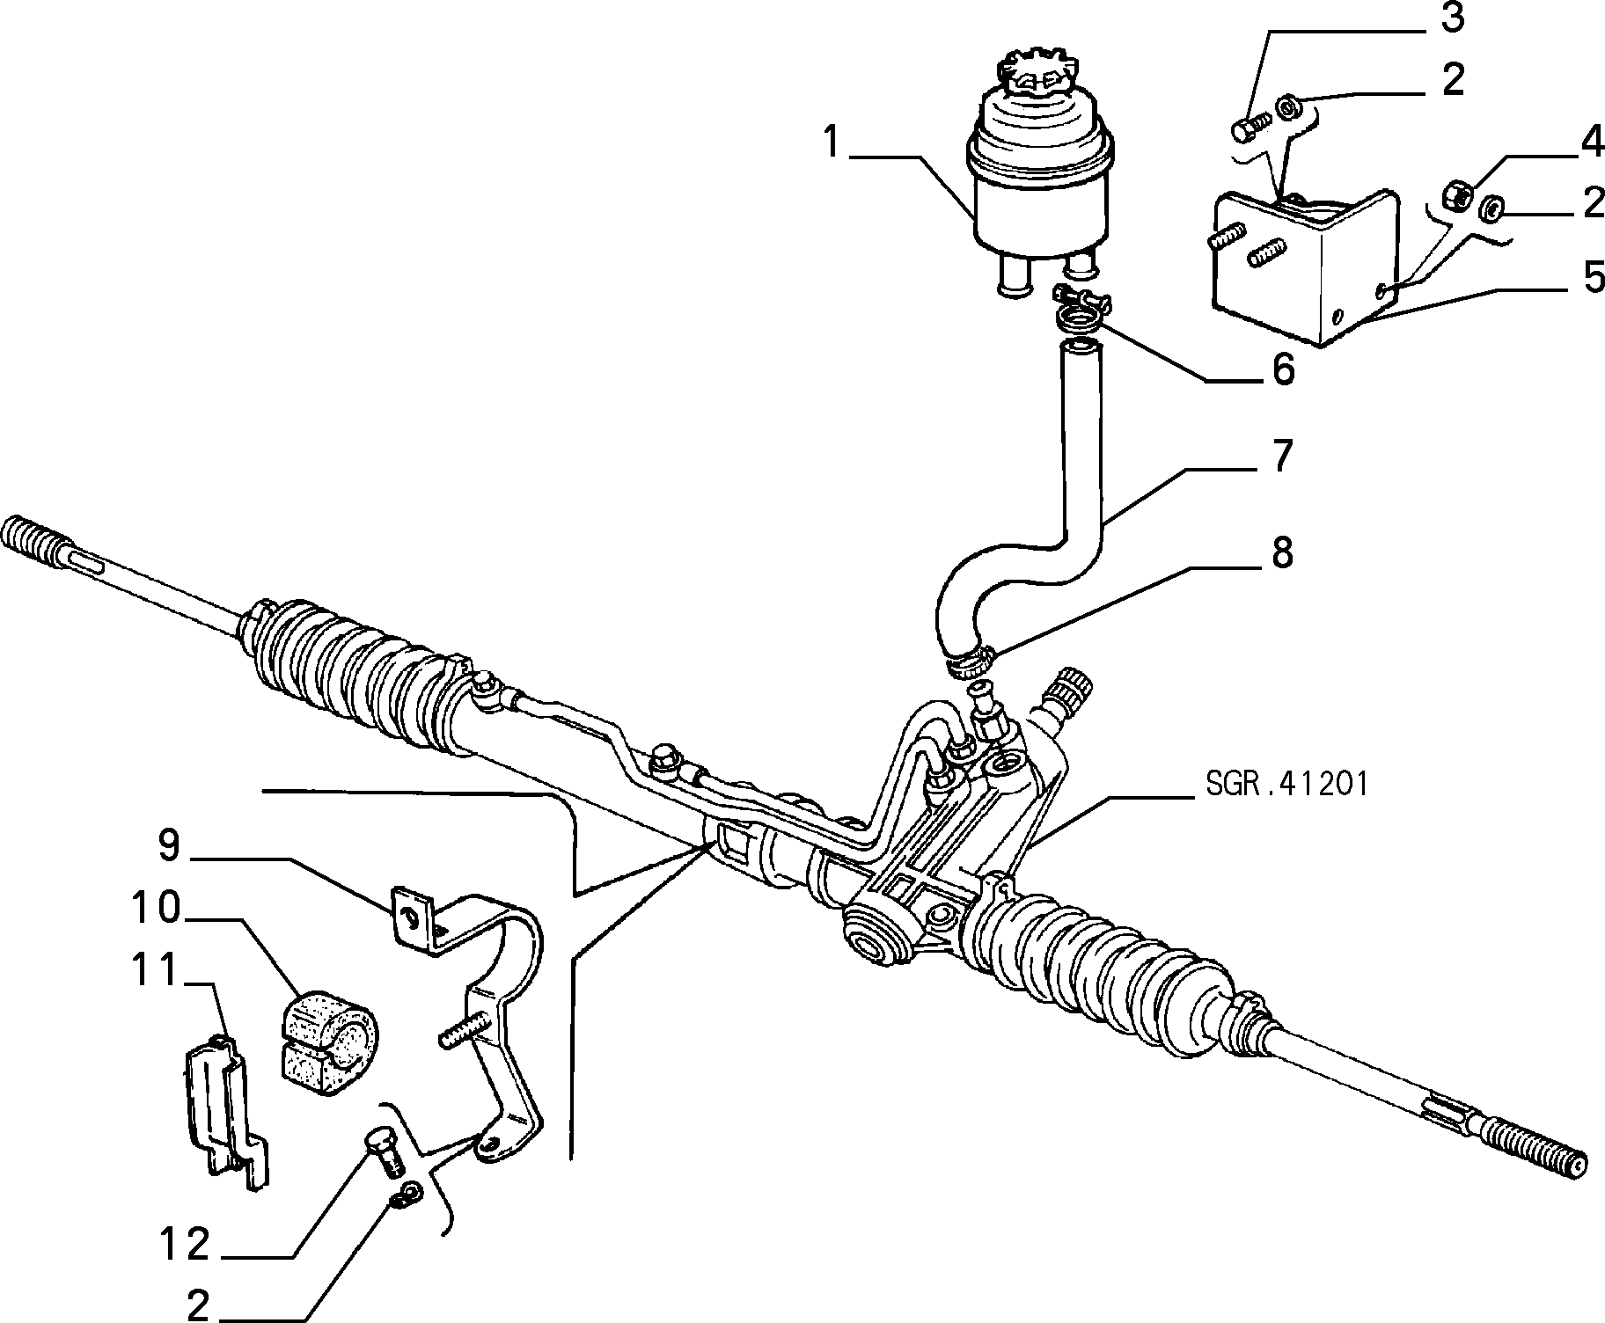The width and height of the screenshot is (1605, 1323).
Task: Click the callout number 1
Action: tap(832, 143)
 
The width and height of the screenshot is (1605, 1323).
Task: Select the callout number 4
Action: tap(1590, 143)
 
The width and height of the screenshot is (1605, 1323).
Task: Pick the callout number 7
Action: tap(1282, 457)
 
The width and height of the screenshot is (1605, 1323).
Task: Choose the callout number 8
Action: tap(1282, 553)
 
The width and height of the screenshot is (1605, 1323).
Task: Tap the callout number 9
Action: tap(169, 845)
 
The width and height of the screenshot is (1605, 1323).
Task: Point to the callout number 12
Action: tap(185, 1244)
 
